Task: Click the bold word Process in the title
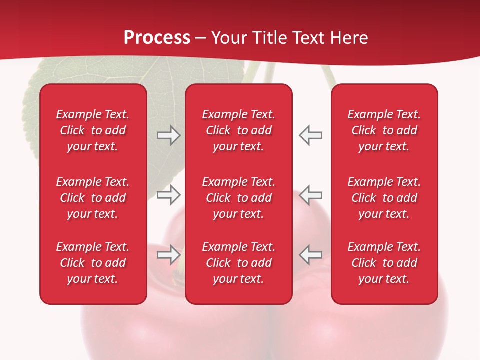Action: click(157, 38)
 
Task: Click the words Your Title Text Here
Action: click(290, 38)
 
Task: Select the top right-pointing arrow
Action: click(168, 135)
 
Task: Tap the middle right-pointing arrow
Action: click(168, 195)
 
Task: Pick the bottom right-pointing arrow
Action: click(168, 255)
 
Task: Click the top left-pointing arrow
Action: click(310, 135)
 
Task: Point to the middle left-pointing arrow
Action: click(310, 195)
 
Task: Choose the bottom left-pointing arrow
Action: click(310, 255)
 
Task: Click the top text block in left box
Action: click(93, 130)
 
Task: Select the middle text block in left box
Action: click(93, 198)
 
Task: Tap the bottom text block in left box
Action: click(93, 263)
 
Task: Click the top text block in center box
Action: click(239, 130)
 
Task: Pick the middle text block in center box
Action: click(239, 198)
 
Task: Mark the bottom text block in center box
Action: click(239, 263)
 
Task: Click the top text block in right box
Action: click(384, 130)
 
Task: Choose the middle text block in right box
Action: click(384, 198)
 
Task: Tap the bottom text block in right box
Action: click(384, 263)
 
